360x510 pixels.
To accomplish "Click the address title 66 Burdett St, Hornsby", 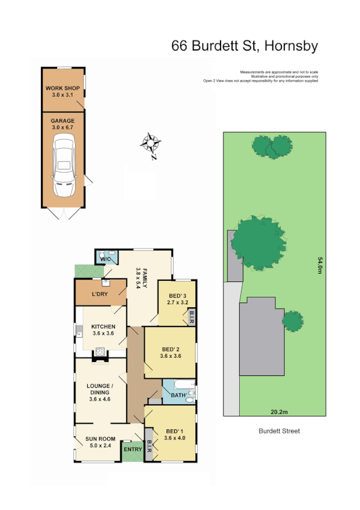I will click(x=245, y=46).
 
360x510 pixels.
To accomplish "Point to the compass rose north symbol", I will click(x=150, y=144).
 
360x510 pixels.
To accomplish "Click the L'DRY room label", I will click(x=99, y=294).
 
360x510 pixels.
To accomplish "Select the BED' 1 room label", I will click(x=175, y=434).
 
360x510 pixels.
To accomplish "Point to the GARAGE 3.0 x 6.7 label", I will click(x=63, y=124).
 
